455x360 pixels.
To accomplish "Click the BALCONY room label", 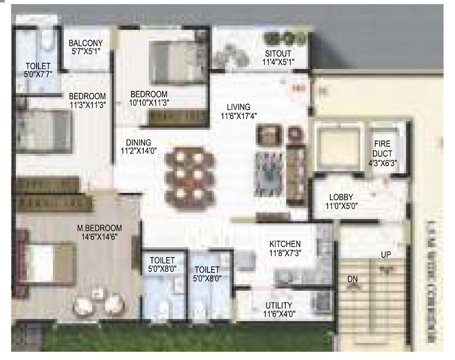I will pos(86,43).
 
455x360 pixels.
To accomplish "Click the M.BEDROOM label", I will pos(99,228).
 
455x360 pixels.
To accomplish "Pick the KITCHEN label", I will pos(285,244).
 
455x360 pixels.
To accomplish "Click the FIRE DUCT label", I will pos(383,149).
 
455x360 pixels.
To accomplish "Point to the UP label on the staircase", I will pos(386,255).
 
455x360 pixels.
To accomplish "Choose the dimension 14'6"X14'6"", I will pos(99,237).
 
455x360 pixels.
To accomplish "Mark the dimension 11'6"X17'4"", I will pos(239,116).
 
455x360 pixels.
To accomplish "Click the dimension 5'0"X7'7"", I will pos(38,74).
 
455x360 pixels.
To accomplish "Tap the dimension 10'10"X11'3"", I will pos(149,103).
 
